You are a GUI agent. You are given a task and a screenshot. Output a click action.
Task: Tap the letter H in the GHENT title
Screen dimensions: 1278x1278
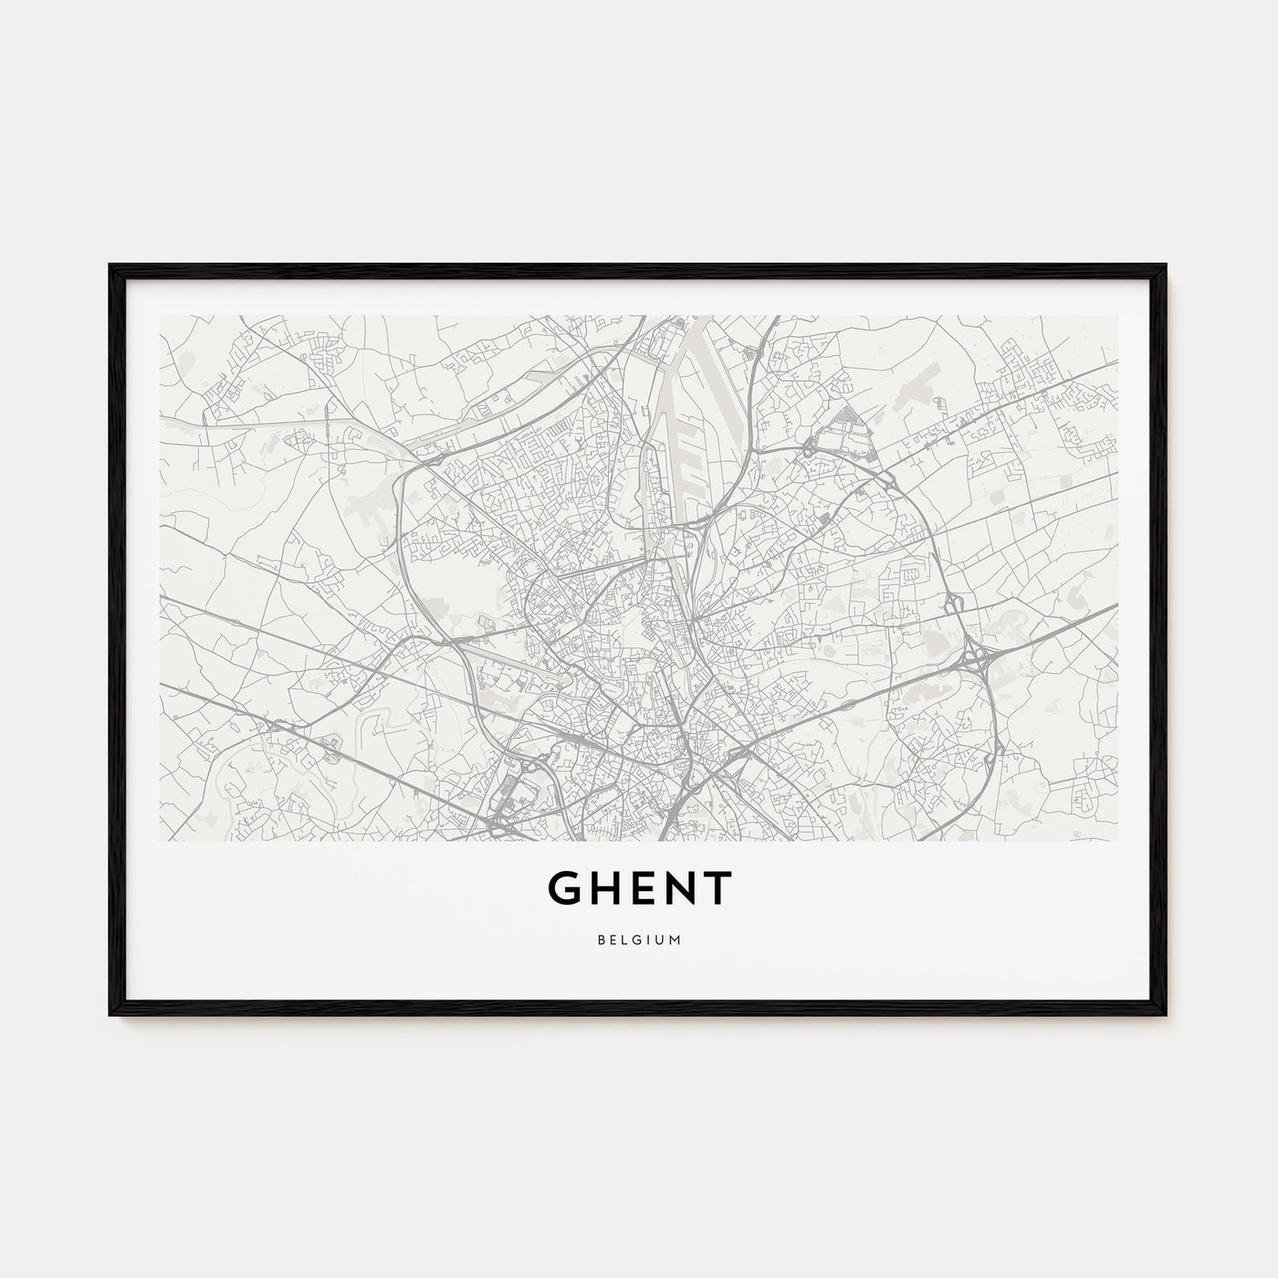(x=605, y=888)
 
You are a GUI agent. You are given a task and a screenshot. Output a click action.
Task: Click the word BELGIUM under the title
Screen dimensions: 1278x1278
(x=639, y=940)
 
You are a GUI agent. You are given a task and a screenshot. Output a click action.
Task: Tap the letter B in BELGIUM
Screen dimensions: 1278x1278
(x=601, y=940)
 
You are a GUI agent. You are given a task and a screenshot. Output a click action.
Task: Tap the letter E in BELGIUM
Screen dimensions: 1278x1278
(x=613, y=940)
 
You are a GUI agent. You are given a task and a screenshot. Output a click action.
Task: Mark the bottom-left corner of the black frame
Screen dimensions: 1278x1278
(x=111, y=1014)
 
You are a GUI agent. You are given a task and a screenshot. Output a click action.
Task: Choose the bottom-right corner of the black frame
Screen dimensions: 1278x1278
(x=1166, y=1014)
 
